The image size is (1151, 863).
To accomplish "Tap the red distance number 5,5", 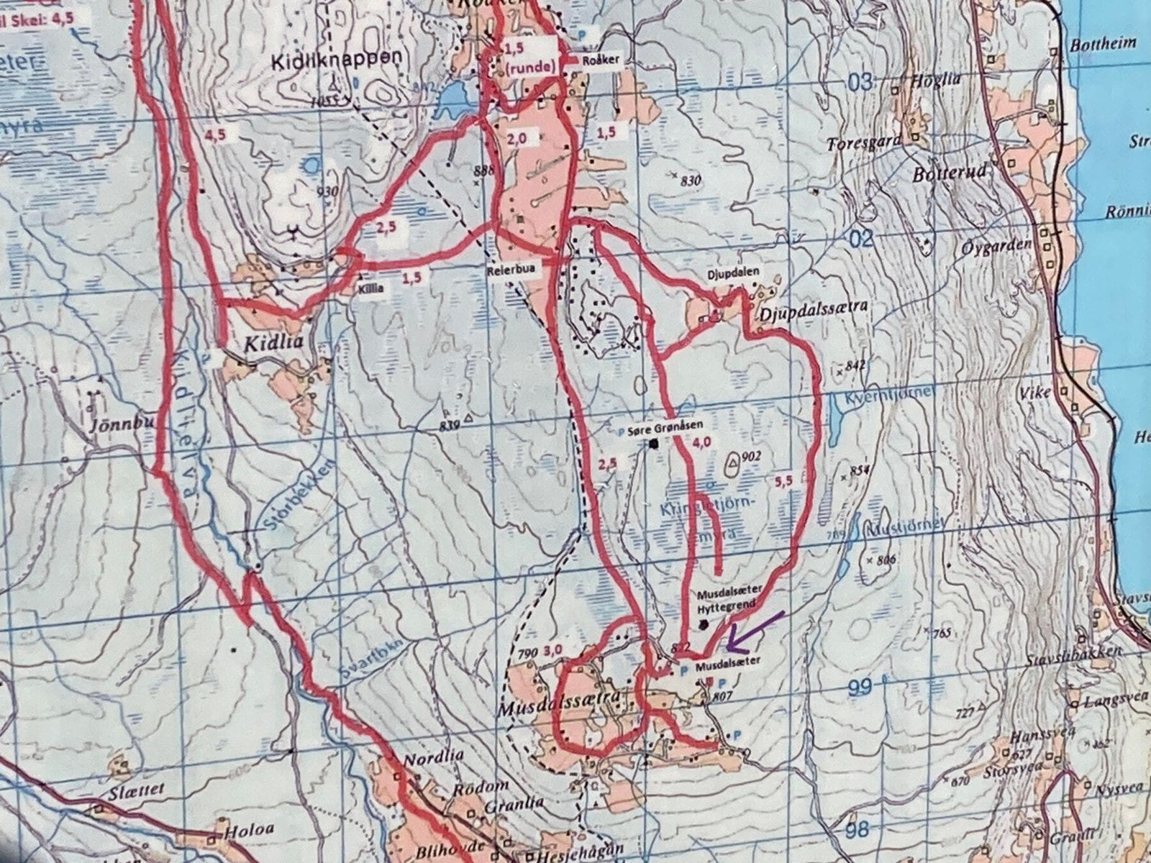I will (785, 483).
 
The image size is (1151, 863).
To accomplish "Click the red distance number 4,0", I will (701, 443).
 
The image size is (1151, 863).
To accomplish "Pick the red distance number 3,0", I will (553, 650).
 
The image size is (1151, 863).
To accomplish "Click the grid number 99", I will (860, 688).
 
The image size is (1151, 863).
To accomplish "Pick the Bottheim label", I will (1104, 43).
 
